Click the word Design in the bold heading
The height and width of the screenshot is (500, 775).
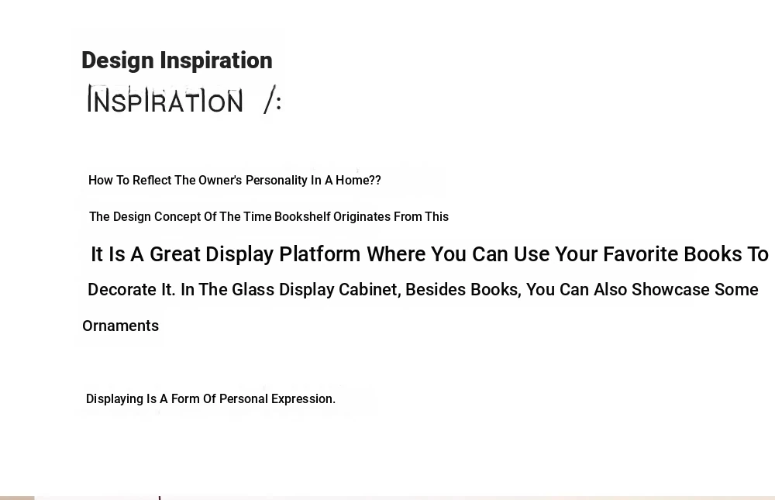[x=118, y=60]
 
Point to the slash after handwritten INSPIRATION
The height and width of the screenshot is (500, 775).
[x=270, y=99]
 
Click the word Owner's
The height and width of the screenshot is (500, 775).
[x=220, y=180]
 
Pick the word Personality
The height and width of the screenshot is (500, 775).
[x=277, y=181]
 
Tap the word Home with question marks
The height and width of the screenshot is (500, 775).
[x=358, y=180]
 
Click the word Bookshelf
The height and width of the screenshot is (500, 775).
[x=302, y=216]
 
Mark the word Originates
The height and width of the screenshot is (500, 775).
[x=362, y=216]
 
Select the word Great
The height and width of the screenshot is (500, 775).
[x=175, y=254]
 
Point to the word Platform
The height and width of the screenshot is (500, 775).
[x=320, y=254]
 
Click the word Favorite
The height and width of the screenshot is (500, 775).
[x=641, y=254]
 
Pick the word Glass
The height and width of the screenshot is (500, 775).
[x=253, y=289]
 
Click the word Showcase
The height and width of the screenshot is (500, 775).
[x=670, y=289]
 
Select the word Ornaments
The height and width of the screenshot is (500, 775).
[x=121, y=326]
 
